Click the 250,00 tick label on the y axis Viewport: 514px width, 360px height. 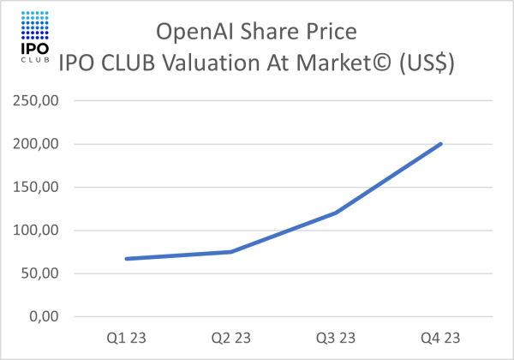[x=36, y=101]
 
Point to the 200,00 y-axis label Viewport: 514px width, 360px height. [x=36, y=144]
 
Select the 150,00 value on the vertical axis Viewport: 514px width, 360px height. [x=36, y=187]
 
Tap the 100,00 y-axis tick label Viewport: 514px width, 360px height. [x=36, y=231]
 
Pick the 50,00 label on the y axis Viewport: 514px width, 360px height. [x=39, y=273]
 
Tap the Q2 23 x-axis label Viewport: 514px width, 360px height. [x=230, y=336]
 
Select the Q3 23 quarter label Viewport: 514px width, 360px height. [x=336, y=336]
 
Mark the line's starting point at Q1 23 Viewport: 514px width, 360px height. [x=126, y=259]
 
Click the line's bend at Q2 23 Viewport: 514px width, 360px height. [x=230, y=252]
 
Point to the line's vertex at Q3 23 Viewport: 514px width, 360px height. [x=336, y=213]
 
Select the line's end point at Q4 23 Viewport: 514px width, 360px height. [x=441, y=144]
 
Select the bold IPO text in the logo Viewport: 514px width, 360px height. [x=33, y=49]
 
